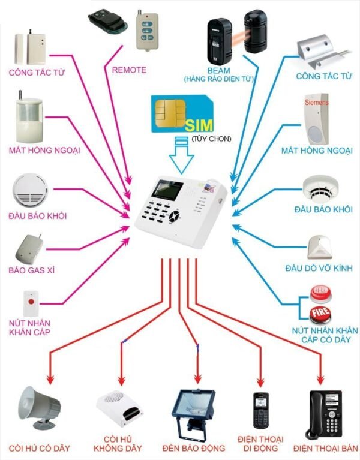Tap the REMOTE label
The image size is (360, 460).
pos(129,70)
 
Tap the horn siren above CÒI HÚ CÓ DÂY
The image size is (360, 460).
pos(40,407)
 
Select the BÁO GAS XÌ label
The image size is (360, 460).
pos(31,270)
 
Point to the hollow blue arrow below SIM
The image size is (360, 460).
pos(182,157)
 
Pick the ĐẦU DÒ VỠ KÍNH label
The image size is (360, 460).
pos(319,267)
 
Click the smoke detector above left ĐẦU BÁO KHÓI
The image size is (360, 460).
pos(29,190)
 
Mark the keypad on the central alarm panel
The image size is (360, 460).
pos(158,213)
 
